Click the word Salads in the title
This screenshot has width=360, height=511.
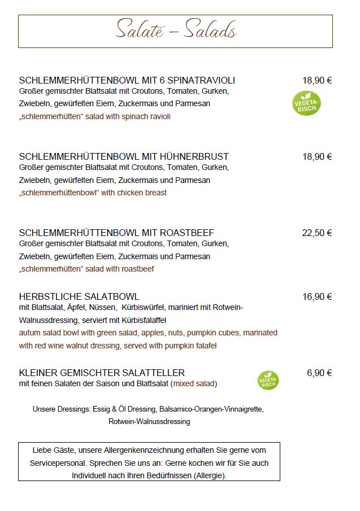[x=210, y=30]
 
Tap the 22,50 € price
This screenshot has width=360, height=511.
[x=316, y=233]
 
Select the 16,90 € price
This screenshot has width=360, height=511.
[x=316, y=296]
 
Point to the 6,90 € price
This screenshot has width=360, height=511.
[x=319, y=373]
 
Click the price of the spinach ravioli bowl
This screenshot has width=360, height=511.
[x=316, y=80]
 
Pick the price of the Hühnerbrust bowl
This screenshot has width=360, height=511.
[x=316, y=156]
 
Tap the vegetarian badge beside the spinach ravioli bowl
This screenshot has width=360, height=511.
[x=306, y=103]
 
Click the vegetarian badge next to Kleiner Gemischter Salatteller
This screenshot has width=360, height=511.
[x=268, y=381]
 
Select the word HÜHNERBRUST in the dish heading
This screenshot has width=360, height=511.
[x=193, y=156]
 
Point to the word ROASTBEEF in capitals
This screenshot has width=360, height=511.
[x=186, y=233]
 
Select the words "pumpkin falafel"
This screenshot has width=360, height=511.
[x=189, y=346]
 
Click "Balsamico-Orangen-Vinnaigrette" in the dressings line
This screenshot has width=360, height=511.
[x=211, y=408]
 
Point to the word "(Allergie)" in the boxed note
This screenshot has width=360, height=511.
[x=207, y=476]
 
